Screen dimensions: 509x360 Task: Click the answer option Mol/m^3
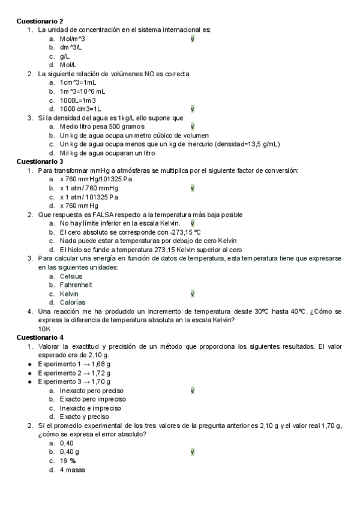point(72,38)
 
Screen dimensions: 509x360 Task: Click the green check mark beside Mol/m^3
point(192,38)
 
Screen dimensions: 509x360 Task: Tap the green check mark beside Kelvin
point(192,294)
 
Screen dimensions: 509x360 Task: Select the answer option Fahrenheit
point(76,285)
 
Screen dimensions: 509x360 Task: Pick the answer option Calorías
point(73,303)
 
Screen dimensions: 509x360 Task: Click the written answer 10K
point(44,329)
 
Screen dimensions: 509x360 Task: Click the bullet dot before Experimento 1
point(30,364)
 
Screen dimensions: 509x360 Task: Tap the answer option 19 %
point(67,461)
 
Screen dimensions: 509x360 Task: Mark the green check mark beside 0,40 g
point(192,452)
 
